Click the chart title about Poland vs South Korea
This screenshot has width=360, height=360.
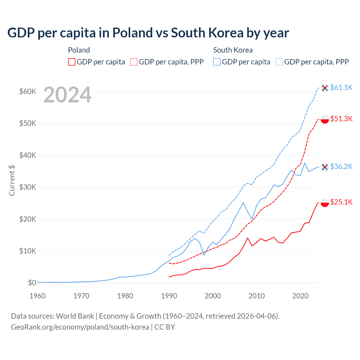coord(148,33)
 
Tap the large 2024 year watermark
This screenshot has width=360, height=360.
coord(67,95)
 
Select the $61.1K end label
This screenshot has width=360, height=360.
coord(341,87)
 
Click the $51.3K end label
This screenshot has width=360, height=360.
coord(341,119)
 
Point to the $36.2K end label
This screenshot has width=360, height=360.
coord(341,166)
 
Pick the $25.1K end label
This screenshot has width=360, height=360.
coord(341,202)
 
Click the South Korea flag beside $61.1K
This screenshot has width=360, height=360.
coord(325,88)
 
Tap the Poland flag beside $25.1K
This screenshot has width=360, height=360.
coord(325,202)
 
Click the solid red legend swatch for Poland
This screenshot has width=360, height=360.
coord(72,62)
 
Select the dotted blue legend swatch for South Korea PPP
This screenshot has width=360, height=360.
coord(279,62)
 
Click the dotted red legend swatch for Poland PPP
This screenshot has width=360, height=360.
coord(134,62)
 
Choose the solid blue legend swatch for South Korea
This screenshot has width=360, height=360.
coord(217,62)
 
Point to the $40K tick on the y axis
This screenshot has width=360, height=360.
coord(28,155)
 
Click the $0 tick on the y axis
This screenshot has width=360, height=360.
coord(32,283)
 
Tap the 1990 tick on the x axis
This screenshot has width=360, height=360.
coord(169,296)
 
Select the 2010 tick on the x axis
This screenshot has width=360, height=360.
coord(256,296)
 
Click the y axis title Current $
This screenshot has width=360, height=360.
coord(12,181)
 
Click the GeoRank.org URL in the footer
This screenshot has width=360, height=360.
coord(80,327)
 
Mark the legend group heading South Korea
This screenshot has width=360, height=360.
coord(233,50)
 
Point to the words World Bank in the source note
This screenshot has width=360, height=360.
coord(75,316)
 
